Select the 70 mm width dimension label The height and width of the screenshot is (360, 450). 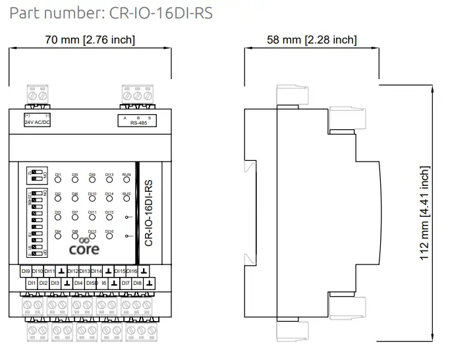[90, 40]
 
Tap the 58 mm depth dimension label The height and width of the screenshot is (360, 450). [312, 40]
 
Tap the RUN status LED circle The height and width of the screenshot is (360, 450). [127, 181]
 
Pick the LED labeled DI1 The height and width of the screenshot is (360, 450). [58, 181]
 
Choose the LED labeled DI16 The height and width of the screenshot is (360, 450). [109, 238]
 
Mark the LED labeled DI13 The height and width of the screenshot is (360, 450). [109, 181]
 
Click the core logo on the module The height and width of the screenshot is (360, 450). [84, 247]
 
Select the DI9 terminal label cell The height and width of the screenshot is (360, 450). [25, 271]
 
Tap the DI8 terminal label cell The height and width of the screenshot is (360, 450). [137, 283]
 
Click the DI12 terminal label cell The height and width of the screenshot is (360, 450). [73, 271]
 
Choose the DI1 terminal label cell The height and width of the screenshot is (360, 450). [31, 283]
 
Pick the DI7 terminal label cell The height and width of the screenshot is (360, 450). [125, 283]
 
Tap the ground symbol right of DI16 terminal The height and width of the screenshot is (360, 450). [144, 271]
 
